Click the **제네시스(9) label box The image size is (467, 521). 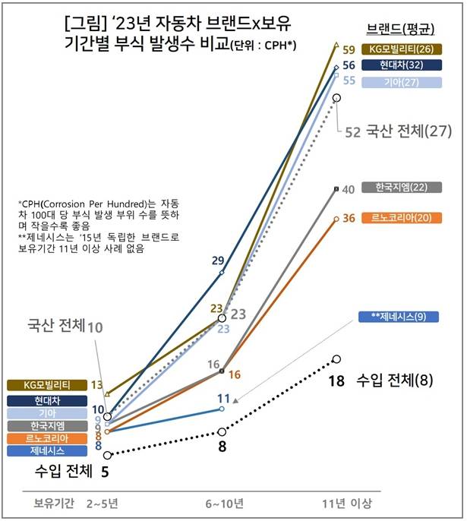pos(393,316)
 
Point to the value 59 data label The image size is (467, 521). pos(350,50)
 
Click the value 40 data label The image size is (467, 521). pos(349,189)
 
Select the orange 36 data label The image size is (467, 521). pos(349,219)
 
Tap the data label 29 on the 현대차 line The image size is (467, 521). pos(218,260)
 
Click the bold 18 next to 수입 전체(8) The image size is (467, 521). pos(337,380)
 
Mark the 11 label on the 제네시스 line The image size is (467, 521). pos(223,398)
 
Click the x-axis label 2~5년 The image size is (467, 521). pos(107,504)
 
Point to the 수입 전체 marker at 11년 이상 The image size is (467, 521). pos(336,358)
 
